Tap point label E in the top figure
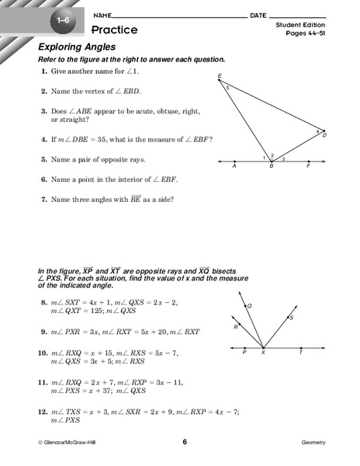(220, 75)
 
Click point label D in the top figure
(324, 135)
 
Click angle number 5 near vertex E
(227, 87)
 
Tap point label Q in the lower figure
(250, 305)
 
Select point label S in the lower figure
(291, 317)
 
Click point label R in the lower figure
(234, 327)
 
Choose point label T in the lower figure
(301, 353)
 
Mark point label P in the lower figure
(245, 353)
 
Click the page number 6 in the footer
(185, 442)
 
